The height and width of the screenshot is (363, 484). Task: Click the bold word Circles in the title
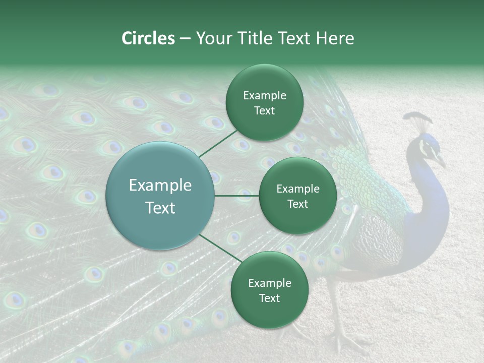[x=148, y=38]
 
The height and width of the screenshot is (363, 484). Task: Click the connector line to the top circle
[x=218, y=143]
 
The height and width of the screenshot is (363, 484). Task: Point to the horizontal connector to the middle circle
[x=237, y=196]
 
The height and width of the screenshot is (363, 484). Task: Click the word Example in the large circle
[x=160, y=186]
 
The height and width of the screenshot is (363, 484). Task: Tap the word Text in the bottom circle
[x=269, y=298]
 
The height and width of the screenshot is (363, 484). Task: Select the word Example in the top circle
[x=264, y=95]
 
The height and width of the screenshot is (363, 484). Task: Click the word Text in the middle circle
[x=297, y=204]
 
